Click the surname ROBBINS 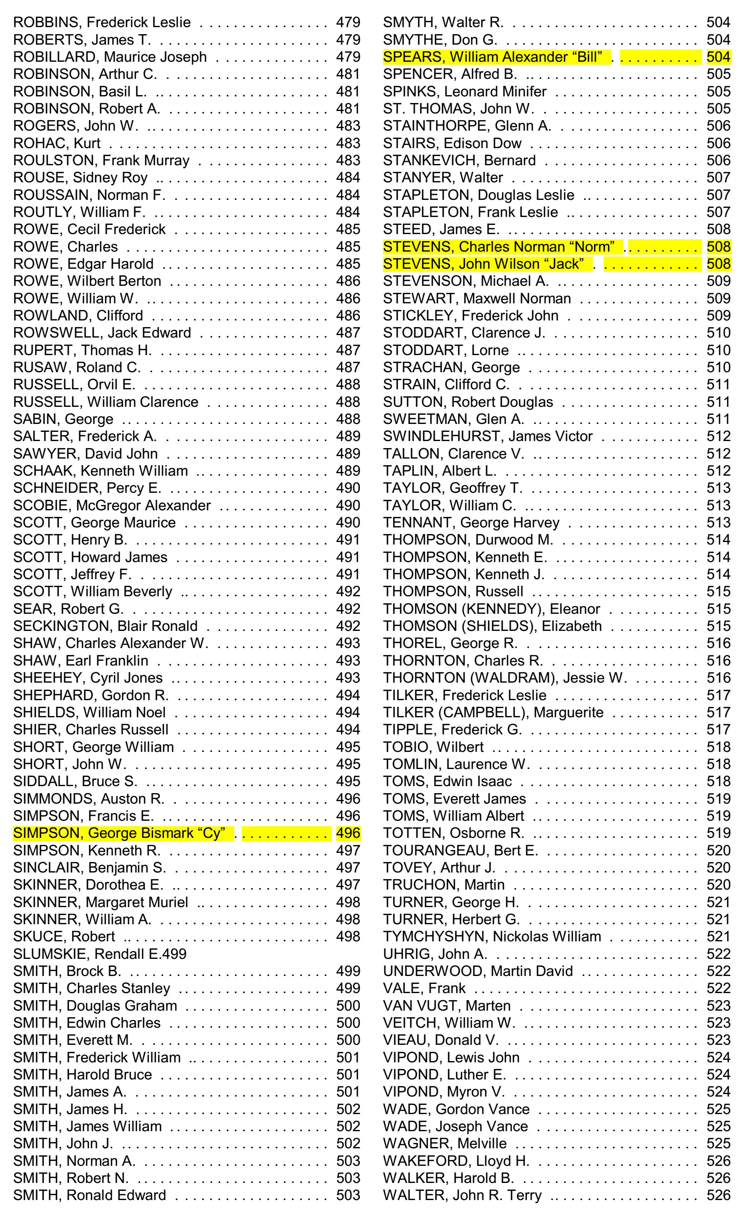tap(48, 23)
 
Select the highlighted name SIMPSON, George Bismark tap(118, 833)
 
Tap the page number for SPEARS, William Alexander tap(718, 57)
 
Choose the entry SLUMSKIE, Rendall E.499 tap(100, 953)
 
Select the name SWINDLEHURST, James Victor tap(487, 436)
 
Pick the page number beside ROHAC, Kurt tap(348, 143)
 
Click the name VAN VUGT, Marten tap(446, 1005)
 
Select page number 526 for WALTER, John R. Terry tap(718, 1195)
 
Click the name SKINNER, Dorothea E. tap(88, 885)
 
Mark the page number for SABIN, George tap(348, 419)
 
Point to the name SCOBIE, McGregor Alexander tap(112, 505)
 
